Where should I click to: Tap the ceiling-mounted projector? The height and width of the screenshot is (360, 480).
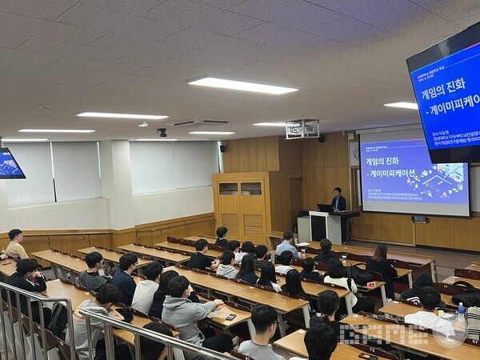click(x=302, y=128)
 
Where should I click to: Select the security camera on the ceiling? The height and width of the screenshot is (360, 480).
click(x=162, y=132)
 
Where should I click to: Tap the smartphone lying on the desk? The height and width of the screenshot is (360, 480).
click(x=231, y=317)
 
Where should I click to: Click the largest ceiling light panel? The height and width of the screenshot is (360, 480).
click(x=242, y=86)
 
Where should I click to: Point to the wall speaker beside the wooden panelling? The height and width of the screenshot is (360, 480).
click(x=222, y=148)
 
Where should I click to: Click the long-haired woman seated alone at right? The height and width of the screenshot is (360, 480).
click(x=381, y=263)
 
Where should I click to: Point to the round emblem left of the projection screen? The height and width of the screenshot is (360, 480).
click(x=354, y=153)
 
